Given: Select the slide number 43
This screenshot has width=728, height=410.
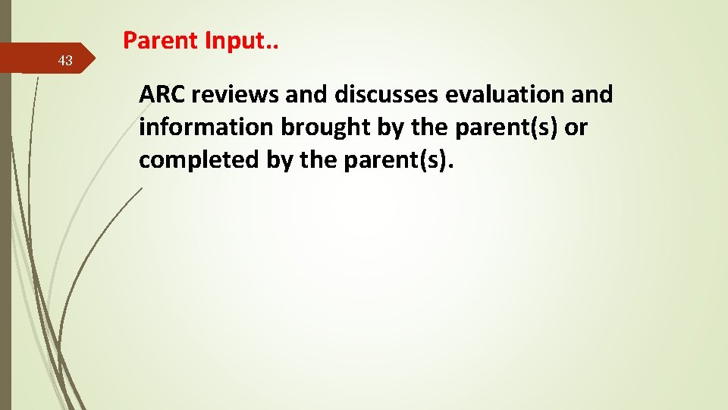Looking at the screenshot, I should [x=66, y=61].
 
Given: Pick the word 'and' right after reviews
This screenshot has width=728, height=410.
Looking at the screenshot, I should [x=307, y=95].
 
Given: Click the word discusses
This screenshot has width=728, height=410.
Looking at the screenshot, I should [x=386, y=95].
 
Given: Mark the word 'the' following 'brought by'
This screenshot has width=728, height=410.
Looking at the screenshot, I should [x=432, y=128].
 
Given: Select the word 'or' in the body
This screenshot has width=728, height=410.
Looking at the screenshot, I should [x=576, y=128].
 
